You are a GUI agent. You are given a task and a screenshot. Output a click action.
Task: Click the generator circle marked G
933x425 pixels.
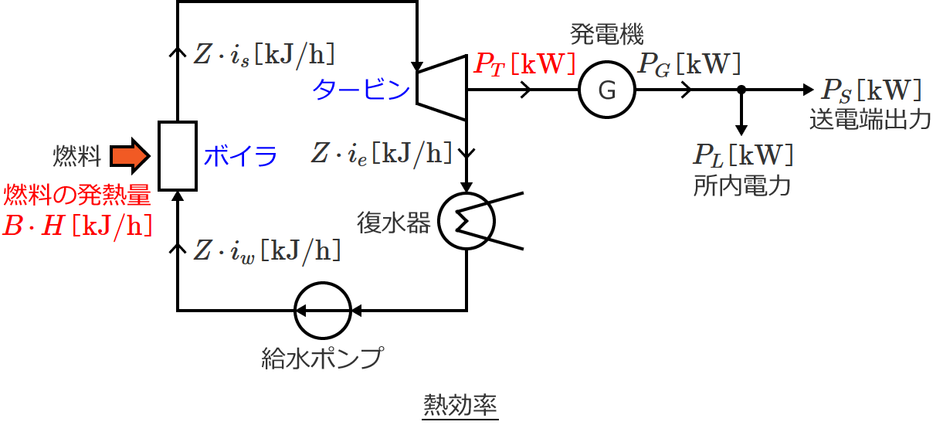click(x=607, y=90)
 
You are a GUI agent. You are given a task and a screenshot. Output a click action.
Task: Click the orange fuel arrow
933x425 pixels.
click(x=127, y=157)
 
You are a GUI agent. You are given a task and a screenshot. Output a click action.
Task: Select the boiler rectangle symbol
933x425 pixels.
click(x=178, y=155)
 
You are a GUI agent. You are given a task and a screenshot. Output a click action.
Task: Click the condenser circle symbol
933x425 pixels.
click(x=466, y=220)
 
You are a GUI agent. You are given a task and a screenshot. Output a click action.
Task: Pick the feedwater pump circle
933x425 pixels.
click(x=323, y=310)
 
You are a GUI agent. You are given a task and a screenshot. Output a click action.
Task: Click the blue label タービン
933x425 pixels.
click(x=361, y=90)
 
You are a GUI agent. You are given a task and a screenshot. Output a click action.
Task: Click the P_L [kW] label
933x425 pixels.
click(x=742, y=155)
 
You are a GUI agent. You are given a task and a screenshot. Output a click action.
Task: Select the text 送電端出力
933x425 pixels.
click(x=870, y=121)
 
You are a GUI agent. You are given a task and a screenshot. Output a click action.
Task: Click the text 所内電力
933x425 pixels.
click(x=742, y=186)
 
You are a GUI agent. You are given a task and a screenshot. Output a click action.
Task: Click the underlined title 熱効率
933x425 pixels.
click(x=460, y=404)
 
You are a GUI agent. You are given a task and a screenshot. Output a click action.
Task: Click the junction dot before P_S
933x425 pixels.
click(x=741, y=90)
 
